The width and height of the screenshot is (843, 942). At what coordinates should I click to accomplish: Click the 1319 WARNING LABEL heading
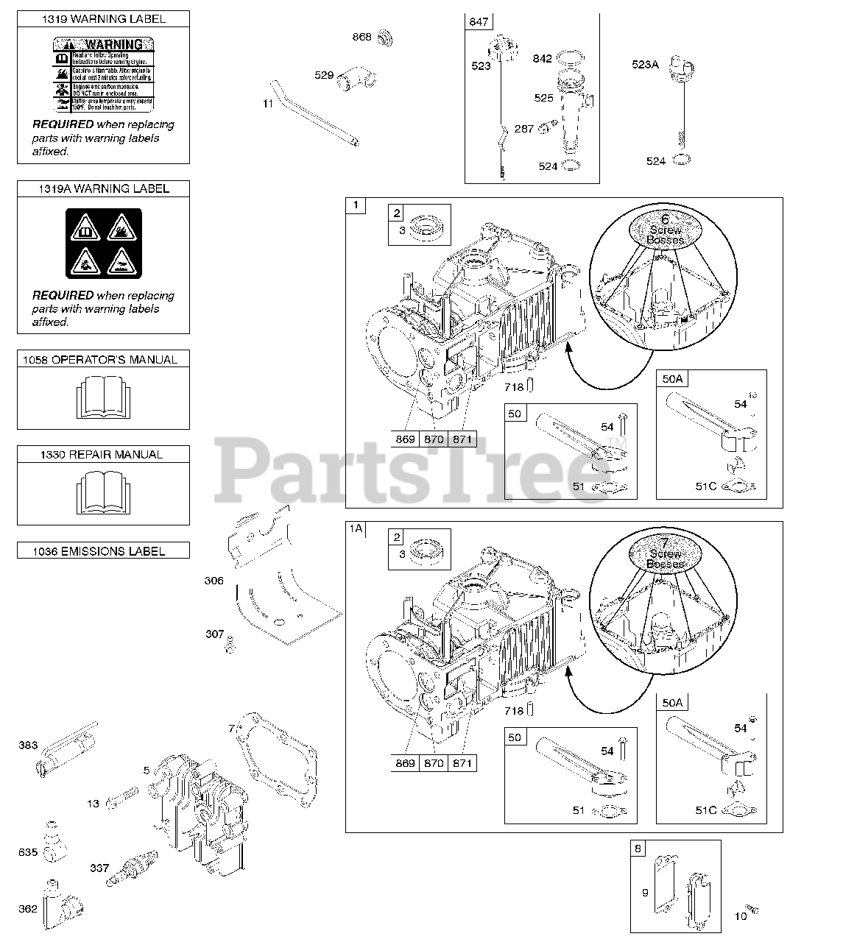(x=103, y=19)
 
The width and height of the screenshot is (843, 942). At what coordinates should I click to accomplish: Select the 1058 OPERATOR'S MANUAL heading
(x=103, y=359)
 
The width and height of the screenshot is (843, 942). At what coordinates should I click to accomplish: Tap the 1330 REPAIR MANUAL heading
(x=103, y=455)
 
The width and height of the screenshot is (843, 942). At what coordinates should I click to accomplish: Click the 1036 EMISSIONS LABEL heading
(x=103, y=550)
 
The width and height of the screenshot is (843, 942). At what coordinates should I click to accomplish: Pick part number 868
(x=361, y=37)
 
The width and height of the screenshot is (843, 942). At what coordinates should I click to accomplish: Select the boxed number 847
(x=479, y=22)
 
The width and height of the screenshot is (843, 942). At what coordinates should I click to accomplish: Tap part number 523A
(x=645, y=64)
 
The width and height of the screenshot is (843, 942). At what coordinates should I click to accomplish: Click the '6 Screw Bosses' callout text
(x=665, y=230)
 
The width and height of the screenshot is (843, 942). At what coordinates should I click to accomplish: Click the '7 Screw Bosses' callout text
(x=665, y=554)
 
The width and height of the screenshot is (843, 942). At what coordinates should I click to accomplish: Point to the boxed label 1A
(x=356, y=528)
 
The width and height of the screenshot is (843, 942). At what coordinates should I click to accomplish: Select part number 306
(x=214, y=581)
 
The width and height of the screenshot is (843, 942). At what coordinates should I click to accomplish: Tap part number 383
(x=28, y=746)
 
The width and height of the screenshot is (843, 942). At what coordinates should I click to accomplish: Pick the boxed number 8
(x=638, y=849)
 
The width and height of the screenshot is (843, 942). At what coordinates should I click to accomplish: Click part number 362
(x=28, y=908)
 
